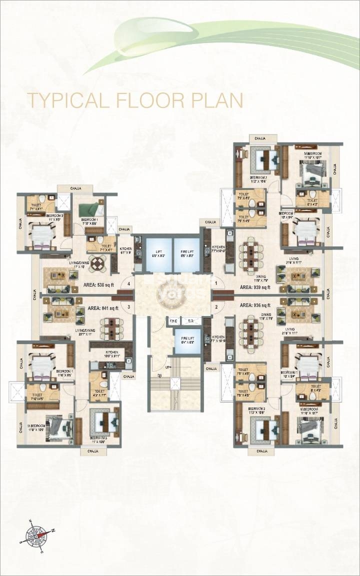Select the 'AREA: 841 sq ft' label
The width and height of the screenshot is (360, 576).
click(x=103, y=308)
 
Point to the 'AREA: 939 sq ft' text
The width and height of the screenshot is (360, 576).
click(x=255, y=287)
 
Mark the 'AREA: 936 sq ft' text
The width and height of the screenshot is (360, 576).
click(x=255, y=305)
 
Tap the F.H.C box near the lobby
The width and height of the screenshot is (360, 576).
click(x=173, y=321)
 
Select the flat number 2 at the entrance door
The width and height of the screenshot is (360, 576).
click(x=216, y=306)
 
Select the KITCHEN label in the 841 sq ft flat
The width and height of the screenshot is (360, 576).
click(x=111, y=353)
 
